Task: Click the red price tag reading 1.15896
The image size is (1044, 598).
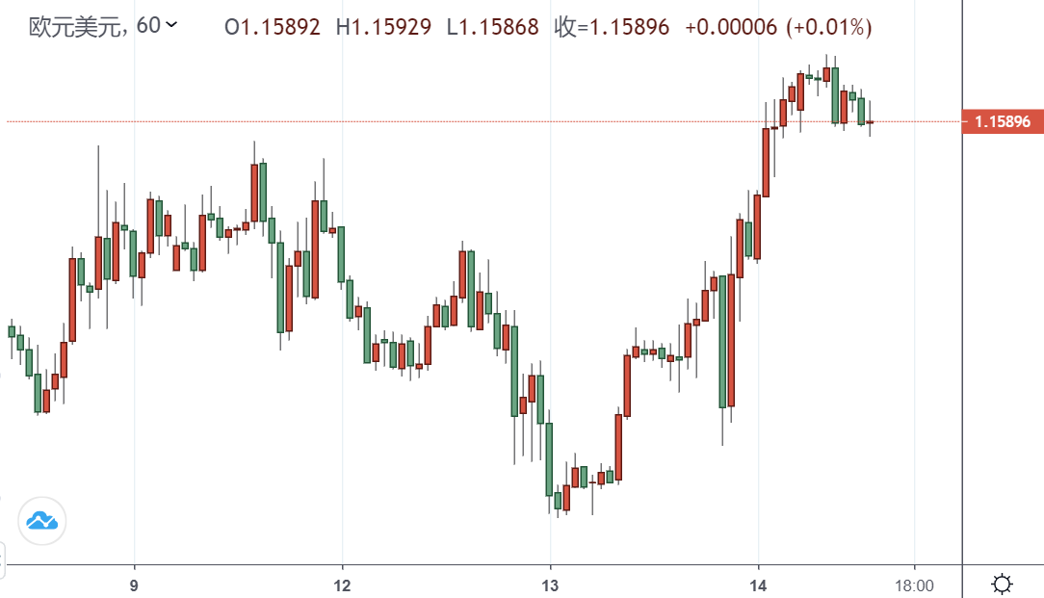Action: tap(1003, 122)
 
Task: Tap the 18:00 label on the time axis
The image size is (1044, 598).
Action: tap(914, 585)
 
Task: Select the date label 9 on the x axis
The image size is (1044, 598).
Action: tap(135, 585)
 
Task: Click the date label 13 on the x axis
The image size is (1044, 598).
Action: tap(550, 585)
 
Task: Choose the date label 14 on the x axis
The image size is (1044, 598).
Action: tap(759, 585)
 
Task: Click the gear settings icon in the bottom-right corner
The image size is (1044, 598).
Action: tap(1003, 584)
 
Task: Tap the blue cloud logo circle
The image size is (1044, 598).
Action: tap(42, 521)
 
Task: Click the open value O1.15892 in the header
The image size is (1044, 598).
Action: tap(273, 27)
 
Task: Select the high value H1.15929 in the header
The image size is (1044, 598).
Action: tap(383, 27)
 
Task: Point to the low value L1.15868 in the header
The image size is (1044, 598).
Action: tap(494, 27)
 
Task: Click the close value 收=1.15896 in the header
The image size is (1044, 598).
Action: tap(613, 27)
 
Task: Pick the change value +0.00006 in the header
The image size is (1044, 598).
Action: tap(731, 27)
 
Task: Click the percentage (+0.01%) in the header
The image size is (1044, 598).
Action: tap(829, 27)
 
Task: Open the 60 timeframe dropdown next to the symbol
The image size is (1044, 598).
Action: tap(157, 26)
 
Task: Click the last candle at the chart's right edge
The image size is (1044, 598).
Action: tap(870, 122)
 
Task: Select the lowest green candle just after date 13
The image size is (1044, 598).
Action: tap(558, 501)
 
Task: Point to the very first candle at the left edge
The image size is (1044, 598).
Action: tap(12, 331)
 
